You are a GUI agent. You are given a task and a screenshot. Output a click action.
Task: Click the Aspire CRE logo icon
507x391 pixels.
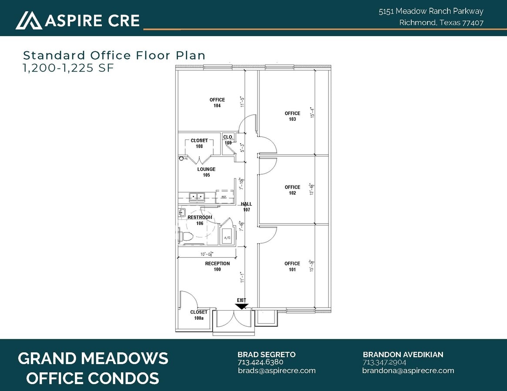point(29,20)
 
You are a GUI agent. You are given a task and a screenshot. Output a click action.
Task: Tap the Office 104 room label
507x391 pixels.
point(217,103)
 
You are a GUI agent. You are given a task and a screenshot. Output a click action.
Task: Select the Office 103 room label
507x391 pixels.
point(292,116)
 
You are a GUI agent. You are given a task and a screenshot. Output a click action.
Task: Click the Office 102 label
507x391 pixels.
point(292,190)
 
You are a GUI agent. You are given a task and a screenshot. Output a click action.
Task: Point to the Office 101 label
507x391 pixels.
point(292,266)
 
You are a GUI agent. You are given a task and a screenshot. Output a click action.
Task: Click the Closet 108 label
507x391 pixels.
point(199,143)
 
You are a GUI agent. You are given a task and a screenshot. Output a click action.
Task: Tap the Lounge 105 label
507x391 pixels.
point(206,172)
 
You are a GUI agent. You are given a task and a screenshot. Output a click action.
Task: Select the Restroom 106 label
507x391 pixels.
point(200,220)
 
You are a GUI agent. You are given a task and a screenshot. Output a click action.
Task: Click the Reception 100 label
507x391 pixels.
point(217,266)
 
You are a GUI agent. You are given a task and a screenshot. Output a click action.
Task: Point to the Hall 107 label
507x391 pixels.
point(247,207)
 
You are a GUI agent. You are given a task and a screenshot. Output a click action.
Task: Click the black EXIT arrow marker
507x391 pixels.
point(242,306)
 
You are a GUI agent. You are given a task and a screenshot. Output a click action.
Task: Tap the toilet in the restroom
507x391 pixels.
point(186,236)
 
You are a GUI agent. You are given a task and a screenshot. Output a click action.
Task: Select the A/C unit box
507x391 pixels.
point(227,237)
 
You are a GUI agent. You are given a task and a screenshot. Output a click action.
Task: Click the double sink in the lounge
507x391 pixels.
point(197,197)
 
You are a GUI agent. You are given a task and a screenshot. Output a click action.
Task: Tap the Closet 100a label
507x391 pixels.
point(199,315)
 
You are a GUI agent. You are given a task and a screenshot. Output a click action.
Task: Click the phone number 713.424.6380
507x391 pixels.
point(260,362)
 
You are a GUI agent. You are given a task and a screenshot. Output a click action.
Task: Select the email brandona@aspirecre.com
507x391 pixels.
point(408,371)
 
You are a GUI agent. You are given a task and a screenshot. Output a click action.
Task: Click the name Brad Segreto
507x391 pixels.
point(266,355)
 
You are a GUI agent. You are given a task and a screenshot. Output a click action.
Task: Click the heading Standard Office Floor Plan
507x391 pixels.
point(114,55)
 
